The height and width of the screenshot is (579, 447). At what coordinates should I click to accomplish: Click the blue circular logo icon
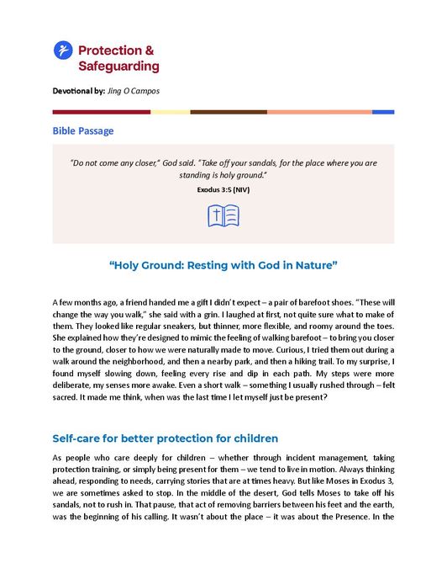point(62,50)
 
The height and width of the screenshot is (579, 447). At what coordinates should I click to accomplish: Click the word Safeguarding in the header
point(118,66)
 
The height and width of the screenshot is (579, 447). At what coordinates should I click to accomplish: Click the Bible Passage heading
point(83,131)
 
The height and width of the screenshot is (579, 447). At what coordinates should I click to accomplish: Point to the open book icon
point(223,216)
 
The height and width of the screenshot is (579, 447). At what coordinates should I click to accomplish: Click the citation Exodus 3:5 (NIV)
point(223,190)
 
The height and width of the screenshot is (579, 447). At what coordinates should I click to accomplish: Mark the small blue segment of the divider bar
point(383,111)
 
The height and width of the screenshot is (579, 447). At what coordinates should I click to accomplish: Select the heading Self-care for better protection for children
point(165,438)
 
